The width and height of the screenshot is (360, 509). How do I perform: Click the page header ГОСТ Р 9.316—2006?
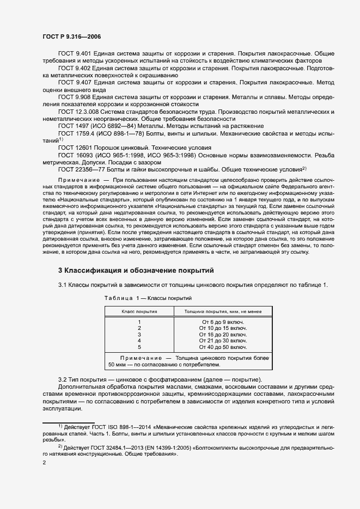tap(71, 36)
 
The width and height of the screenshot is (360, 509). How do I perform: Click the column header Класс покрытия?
tap(139, 311)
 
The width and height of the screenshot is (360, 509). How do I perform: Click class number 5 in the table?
tap(139, 346)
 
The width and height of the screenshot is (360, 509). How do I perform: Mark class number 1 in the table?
tap(139, 322)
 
